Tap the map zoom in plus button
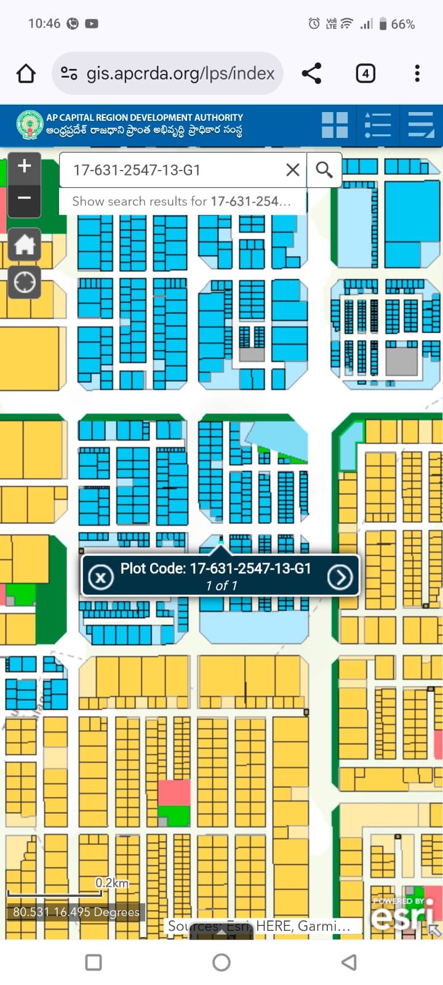[25, 166]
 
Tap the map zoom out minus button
[25, 198]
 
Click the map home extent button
[25, 244]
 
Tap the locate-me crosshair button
[25, 283]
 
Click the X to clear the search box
[293, 170]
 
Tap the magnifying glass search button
[324, 170]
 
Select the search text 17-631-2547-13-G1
[137, 170]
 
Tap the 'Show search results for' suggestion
[182, 201]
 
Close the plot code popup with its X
[101, 577]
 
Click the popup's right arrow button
[340, 577]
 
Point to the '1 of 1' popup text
[221, 585]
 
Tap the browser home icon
[26, 74]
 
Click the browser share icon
[311, 74]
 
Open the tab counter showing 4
[365, 74]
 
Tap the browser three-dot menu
[417, 74]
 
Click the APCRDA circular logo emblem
[30, 125]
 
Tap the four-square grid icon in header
[335, 125]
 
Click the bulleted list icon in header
[377, 125]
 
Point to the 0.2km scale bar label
[112, 883]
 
